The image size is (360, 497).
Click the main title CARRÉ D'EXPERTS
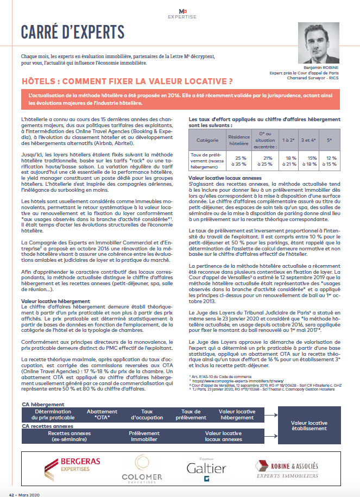(73, 32)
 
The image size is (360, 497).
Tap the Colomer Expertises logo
(142, 468)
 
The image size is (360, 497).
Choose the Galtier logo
(206, 468)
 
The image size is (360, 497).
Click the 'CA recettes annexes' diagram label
(48, 426)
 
